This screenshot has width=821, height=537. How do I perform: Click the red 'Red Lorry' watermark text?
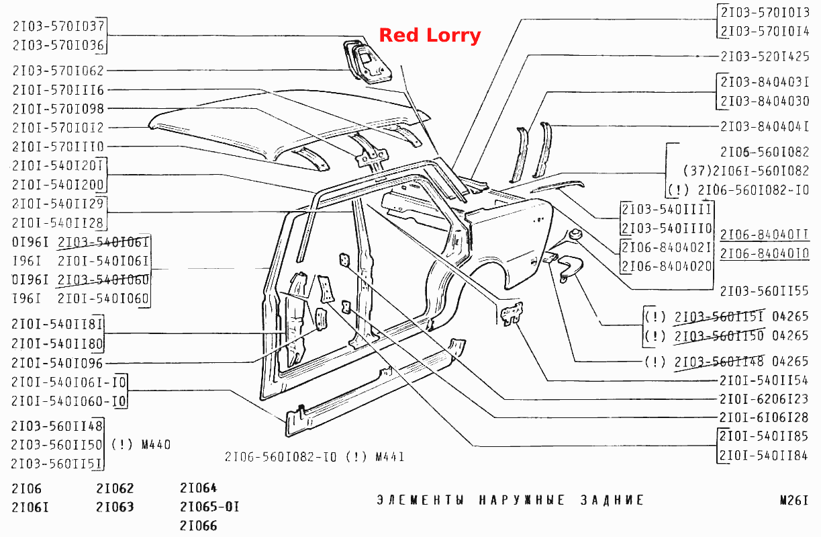click(x=430, y=36)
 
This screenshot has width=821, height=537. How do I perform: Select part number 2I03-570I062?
click(x=58, y=71)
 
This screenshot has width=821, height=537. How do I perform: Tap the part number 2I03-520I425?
click(x=765, y=56)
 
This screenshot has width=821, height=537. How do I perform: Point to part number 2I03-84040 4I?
click(x=765, y=126)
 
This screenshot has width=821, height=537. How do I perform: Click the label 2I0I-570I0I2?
click(x=58, y=128)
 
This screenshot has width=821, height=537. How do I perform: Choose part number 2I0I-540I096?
click(x=57, y=363)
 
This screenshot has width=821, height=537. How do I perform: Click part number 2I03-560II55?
click(x=764, y=291)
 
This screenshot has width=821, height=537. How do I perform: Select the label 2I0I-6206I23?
click(x=764, y=399)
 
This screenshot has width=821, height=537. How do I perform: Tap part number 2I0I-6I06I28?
click(x=764, y=417)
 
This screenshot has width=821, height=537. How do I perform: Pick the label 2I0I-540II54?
click(x=764, y=380)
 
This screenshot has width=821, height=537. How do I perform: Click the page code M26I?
click(x=794, y=501)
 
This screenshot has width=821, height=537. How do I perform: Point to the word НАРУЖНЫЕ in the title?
click(x=522, y=500)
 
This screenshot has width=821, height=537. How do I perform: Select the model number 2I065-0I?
click(x=209, y=507)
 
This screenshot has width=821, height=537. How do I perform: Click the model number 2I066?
click(x=198, y=526)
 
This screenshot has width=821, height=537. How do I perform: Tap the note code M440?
click(x=156, y=445)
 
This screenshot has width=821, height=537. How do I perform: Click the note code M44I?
click(x=390, y=457)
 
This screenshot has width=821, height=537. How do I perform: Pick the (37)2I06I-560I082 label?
click(x=746, y=171)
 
